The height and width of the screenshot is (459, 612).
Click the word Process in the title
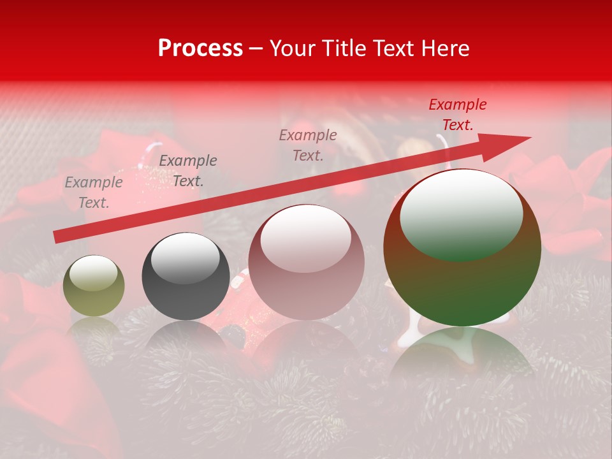[200, 48]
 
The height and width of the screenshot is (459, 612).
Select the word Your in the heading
[295, 48]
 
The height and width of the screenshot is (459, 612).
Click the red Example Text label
[457, 115]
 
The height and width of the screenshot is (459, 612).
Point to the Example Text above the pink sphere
[308, 145]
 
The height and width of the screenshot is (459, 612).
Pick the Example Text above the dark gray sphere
[187, 170]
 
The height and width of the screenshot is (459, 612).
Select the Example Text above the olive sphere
[93, 192]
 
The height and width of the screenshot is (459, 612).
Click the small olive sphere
[94, 286]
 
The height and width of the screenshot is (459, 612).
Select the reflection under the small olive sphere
[94, 328]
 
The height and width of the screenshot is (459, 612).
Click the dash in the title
[256, 49]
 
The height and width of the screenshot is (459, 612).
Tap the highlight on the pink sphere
[306, 237]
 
